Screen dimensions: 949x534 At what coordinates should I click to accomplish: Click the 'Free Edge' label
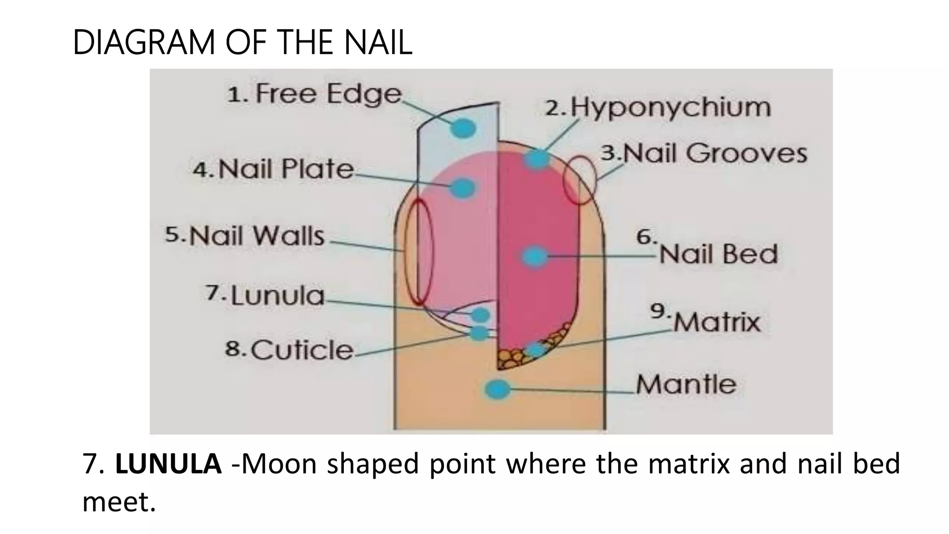[x=328, y=94]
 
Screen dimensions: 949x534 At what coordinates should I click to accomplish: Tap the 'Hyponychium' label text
[x=670, y=108]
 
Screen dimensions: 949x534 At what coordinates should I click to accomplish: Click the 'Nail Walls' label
[x=257, y=235]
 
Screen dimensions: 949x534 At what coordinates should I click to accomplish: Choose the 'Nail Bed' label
[x=718, y=254]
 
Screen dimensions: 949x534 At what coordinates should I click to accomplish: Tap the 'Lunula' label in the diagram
[x=277, y=296]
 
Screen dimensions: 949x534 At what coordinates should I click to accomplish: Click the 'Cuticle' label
[x=302, y=350]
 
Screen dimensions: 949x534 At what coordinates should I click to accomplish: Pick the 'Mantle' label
[x=686, y=385]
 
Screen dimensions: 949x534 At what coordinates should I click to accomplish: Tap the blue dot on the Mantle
[x=497, y=389]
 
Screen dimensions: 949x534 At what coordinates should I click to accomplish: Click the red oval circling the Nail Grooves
[x=579, y=180]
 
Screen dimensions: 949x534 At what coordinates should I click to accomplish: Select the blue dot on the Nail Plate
[x=462, y=188]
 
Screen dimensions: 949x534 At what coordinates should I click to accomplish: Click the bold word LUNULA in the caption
[x=168, y=464]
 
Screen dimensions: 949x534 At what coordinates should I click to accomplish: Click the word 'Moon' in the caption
[x=279, y=464]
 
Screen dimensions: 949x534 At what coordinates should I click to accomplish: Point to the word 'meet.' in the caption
[x=119, y=502]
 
